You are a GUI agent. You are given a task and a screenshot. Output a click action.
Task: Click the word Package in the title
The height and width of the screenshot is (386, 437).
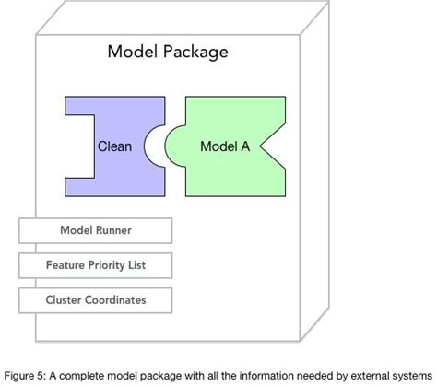click(x=194, y=53)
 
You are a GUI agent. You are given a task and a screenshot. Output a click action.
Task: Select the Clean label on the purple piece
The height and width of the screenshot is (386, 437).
click(x=114, y=146)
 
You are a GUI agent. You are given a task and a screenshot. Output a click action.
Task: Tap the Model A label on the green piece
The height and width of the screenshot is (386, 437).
click(x=225, y=146)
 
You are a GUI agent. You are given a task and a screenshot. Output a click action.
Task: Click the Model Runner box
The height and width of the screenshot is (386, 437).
click(x=95, y=231)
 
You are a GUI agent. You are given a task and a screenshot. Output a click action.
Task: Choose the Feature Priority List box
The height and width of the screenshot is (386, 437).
click(x=95, y=265)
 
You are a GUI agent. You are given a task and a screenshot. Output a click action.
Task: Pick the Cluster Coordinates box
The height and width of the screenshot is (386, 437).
click(x=95, y=299)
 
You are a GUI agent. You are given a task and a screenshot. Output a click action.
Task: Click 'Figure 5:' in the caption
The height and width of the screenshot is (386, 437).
click(x=25, y=375)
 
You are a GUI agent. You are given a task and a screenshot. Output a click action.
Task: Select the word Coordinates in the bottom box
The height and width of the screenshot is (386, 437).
click(x=113, y=299)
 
